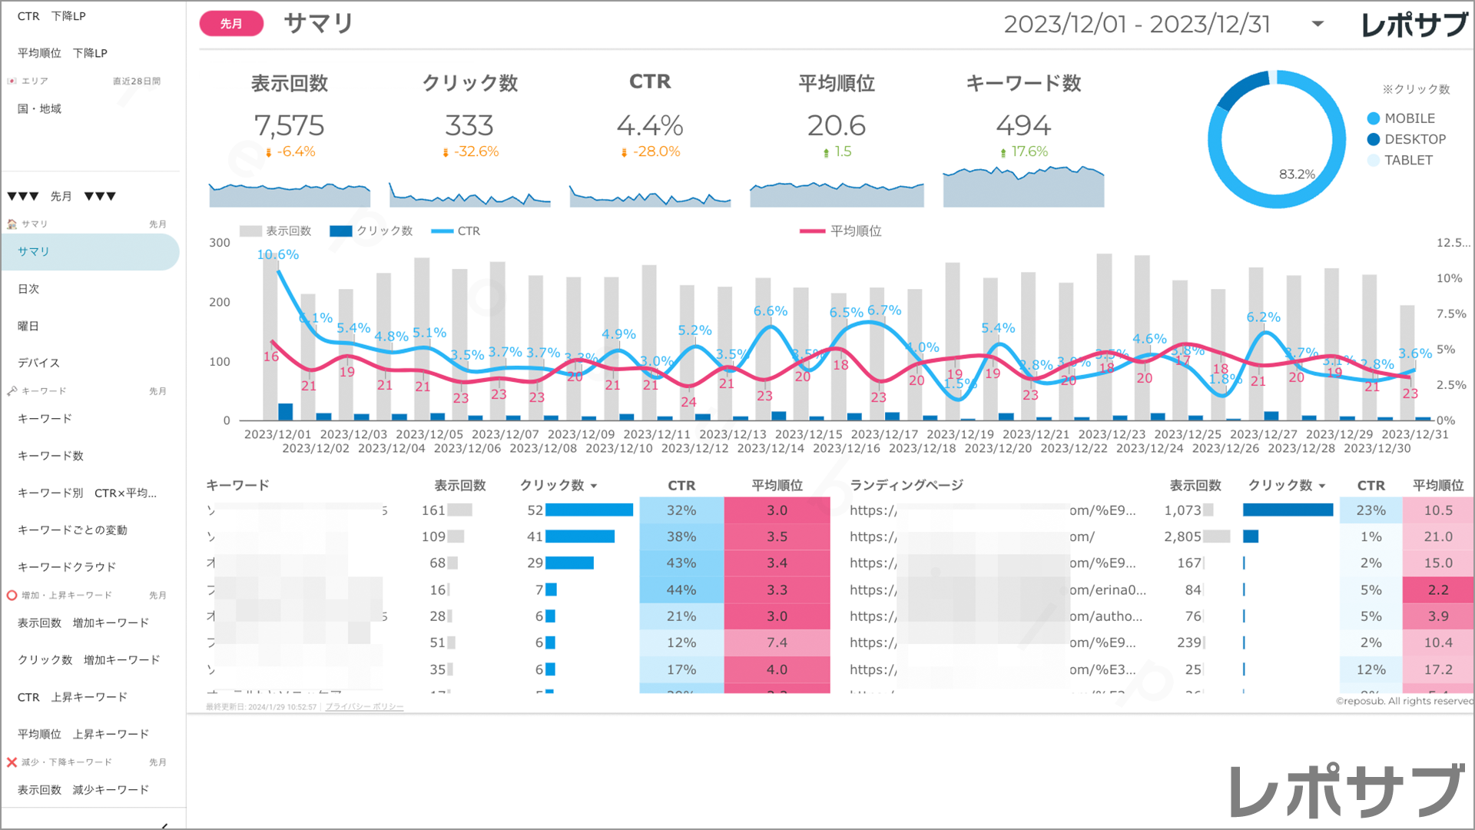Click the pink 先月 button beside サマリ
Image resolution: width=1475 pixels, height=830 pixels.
[x=231, y=24]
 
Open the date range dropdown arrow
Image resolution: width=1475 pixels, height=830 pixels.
[x=1318, y=24]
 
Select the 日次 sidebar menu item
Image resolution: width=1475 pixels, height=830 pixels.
[x=28, y=289]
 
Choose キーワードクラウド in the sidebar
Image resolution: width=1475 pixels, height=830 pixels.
[x=67, y=567]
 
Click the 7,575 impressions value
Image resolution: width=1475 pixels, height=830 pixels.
[x=289, y=125]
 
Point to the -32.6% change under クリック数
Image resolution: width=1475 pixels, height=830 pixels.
[x=476, y=152]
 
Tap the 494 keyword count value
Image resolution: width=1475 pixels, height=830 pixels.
[x=1023, y=125]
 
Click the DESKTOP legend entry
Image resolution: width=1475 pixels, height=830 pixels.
[x=1414, y=139]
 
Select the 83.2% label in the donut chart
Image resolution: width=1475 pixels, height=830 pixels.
[x=1297, y=174]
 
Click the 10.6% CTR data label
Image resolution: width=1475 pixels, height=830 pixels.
[x=277, y=254]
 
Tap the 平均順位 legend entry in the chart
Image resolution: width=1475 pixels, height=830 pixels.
[x=855, y=231]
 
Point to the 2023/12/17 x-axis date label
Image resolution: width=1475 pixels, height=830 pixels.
[x=884, y=434]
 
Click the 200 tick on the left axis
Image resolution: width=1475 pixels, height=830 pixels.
[x=220, y=302]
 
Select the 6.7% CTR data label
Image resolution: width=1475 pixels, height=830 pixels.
[x=884, y=310]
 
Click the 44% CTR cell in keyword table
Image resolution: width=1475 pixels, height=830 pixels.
[x=681, y=590]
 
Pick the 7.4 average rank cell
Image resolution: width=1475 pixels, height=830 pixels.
[x=777, y=642]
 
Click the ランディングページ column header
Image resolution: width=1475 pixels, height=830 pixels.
[x=907, y=486]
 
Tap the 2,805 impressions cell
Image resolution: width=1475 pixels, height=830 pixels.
[x=1182, y=536]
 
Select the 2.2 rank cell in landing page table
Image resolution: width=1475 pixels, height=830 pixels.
[x=1438, y=590]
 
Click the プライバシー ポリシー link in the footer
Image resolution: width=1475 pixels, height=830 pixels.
[x=364, y=707]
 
